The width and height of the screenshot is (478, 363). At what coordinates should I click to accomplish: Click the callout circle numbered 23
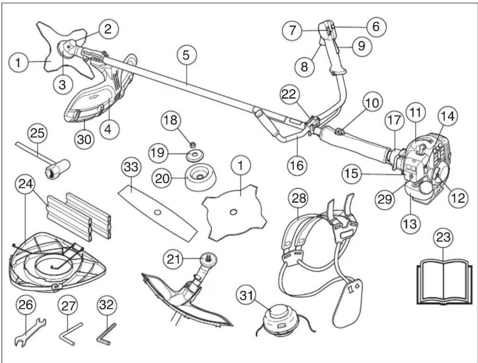pyautogui.click(x=444, y=237)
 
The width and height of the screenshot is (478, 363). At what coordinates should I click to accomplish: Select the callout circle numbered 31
pyautogui.click(x=246, y=296)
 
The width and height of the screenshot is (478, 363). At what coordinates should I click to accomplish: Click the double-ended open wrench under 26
pyautogui.click(x=30, y=332)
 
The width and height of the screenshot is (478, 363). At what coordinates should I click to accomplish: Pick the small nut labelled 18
pyautogui.click(x=192, y=144)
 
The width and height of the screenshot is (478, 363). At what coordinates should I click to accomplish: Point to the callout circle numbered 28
pyautogui.click(x=298, y=198)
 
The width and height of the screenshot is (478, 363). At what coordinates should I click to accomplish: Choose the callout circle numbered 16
pyautogui.click(x=297, y=166)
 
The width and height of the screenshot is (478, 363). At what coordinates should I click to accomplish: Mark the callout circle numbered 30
pyautogui.click(x=84, y=139)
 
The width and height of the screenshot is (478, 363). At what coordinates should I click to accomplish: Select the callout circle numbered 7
pyautogui.click(x=292, y=30)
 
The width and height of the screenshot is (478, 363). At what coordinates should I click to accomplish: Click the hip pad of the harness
pyautogui.click(x=347, y=302)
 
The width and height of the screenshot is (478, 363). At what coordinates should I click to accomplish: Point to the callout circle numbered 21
pyautogui.click(x=173, y=259)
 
